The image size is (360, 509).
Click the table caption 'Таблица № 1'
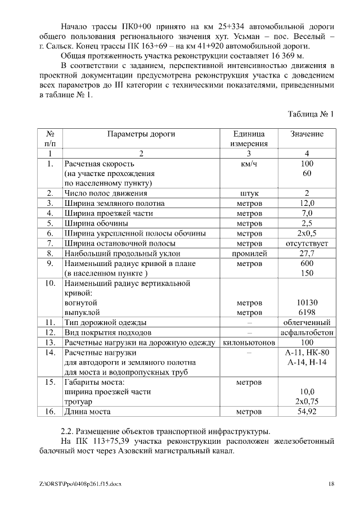click(310, 114)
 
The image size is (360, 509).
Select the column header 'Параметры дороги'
click(141, 134)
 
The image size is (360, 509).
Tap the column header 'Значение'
click(307, 134)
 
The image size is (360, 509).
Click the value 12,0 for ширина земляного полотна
click(307, 203)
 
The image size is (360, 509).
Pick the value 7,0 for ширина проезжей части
click(307, 213)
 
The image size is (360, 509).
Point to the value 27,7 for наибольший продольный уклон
click(307, 254)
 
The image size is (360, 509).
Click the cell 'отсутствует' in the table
click(307, 244)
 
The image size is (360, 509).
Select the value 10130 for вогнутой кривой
click(307, 303)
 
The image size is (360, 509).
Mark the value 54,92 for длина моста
click(307, 412)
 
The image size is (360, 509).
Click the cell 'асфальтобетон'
click(307, 332)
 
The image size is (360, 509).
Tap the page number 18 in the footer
click(331, 484)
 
